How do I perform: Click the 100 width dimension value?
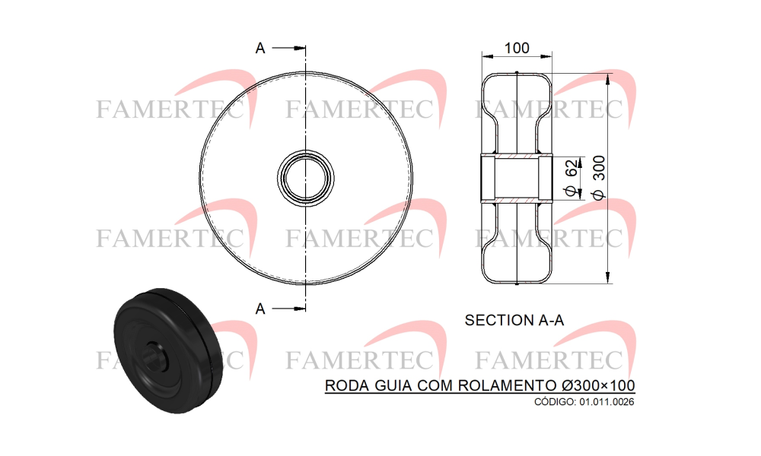[x=517, y=48]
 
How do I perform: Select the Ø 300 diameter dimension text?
[x=600, y=177]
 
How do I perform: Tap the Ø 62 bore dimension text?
[x=572, y=177]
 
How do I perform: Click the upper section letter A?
[x=260, y=49]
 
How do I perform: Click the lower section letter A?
[x=260, y=309]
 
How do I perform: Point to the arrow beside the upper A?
[x=288, y=48]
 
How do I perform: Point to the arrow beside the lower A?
[x=288, y=309]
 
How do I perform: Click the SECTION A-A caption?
[x=514, y=320]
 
